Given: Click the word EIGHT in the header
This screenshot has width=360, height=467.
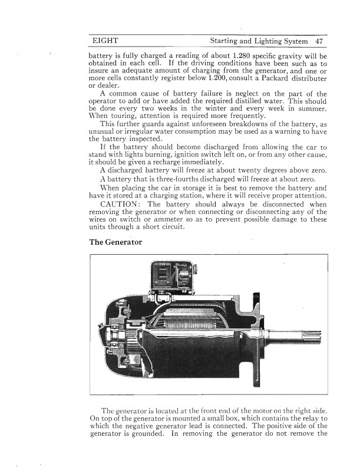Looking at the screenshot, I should click(x=105, y=41).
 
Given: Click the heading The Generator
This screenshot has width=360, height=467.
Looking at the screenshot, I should click(x=115, y=242).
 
